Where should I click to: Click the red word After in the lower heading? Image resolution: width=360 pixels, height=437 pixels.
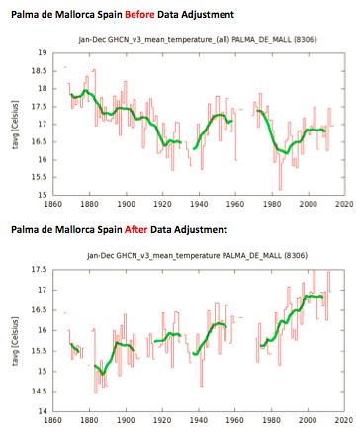point(149,229)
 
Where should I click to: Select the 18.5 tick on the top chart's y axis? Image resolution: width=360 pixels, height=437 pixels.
point(37,70)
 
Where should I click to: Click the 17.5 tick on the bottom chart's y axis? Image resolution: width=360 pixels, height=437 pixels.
point(37,267)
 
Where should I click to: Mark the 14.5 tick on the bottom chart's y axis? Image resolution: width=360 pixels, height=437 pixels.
point(37,389)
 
